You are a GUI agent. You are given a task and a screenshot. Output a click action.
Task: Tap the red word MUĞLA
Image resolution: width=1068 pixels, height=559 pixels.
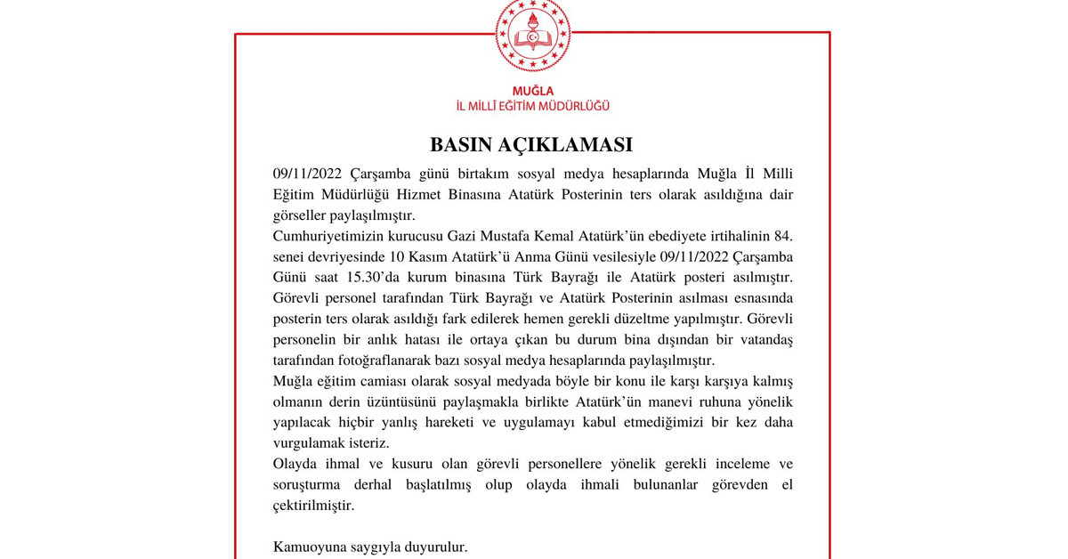pos(533,90)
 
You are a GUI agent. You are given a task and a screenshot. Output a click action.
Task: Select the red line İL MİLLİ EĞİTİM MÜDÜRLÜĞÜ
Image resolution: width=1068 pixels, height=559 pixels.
pos(533,106)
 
